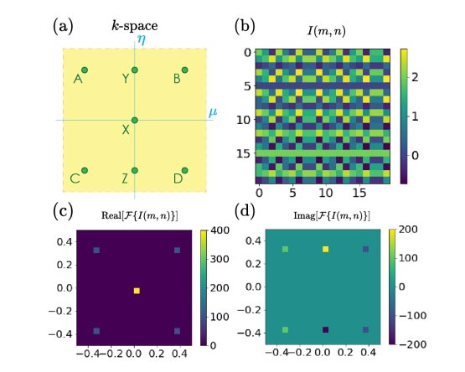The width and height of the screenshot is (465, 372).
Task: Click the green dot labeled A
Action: (x=85, y=70)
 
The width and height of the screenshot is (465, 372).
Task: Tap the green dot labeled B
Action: (x=185, y=70)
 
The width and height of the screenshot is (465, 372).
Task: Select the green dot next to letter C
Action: (x=85, y=170)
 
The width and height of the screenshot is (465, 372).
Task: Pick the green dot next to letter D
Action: (x=185, y=170)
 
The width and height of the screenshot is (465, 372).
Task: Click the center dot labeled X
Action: (x=135, y=120)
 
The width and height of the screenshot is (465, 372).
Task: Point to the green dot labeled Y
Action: (x=135, y=70)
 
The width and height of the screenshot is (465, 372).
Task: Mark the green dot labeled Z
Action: (x=135, y=170)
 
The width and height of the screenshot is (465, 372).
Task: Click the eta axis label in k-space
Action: (x=142, y=39)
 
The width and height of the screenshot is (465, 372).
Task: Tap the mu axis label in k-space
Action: (x=213, y=112)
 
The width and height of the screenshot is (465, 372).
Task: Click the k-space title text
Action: (x=135, y=26)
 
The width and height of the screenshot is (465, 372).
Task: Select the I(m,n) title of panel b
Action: (x=326, y=31)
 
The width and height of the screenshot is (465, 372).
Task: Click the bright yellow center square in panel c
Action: (x=137, y=291)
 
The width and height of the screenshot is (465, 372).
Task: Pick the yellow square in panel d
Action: (x=325, y=249)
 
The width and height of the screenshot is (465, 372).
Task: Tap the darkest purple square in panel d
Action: (x=325, y=329)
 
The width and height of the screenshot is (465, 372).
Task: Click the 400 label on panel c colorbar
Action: (x=220, y=230)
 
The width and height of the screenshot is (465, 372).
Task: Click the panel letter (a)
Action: (x=63, y=26)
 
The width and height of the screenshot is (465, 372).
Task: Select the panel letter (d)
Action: (x=245, y=211)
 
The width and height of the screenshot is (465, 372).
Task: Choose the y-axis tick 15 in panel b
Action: (x=244, y=153)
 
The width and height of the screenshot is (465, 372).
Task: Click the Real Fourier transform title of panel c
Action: (x=140, y=215)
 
